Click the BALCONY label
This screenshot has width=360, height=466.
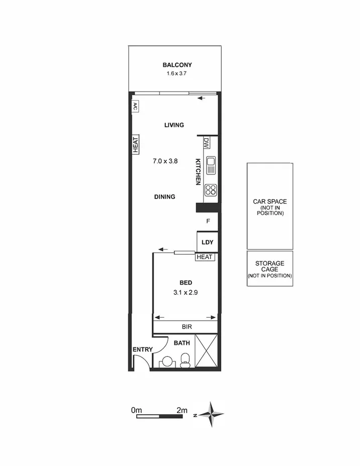point(177,65)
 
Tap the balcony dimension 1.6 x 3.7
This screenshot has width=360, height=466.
point(177,73)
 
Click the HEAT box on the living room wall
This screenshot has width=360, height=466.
point(135,144)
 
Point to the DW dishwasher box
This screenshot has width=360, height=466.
point(206,143)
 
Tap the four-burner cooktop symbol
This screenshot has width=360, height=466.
point(211,190)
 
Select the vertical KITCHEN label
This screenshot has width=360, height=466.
point(198,172)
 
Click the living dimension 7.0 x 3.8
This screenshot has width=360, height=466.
point(166,161)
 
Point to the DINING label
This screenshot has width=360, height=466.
point(164,197)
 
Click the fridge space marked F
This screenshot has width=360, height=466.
point(208,221)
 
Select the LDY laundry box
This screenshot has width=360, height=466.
point(207,242)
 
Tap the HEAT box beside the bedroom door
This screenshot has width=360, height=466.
point(206,257)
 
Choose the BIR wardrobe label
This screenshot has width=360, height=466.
point(187,327)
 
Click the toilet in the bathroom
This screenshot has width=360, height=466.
point(185,358)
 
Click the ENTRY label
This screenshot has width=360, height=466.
point(142,349)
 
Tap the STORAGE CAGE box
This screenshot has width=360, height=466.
point(269,269)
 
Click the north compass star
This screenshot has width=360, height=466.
point(211,415)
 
